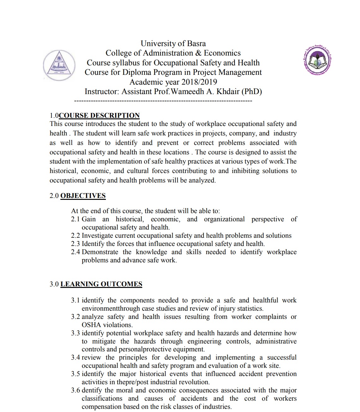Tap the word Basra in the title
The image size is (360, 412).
click(x=196, y=44)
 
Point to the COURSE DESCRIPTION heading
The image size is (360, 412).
click(x=99, y=116)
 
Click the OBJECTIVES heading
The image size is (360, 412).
click(x=83, y=196)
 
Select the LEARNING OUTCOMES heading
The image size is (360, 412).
click(x=101, y=284)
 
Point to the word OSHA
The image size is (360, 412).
click(x=91, y=325)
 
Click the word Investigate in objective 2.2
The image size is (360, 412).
click(x=97, y=236)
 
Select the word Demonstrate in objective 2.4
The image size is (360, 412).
click(x=100, y=252)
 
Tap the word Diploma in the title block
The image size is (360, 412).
click(x=137, y=72)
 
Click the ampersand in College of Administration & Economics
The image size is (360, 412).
click(x=198, y=53)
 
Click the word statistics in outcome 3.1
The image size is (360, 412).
click(x=250, y=308)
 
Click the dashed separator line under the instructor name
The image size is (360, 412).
click(x=163, y=101)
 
